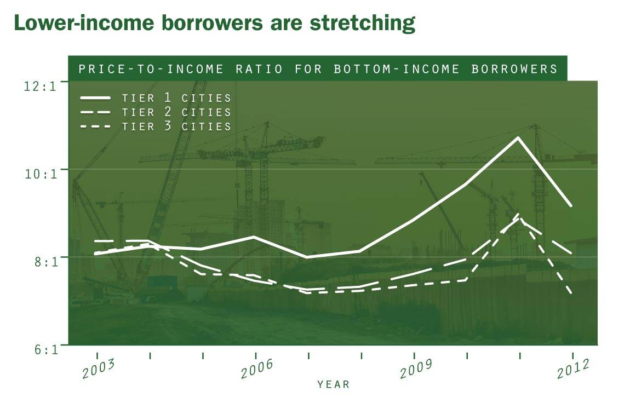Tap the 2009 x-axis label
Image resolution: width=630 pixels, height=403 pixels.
(415, 370)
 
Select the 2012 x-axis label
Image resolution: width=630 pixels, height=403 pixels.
(572, 370)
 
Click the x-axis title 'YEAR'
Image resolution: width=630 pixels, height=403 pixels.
(333, 385)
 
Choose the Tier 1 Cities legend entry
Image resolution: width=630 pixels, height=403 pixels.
(156, 98)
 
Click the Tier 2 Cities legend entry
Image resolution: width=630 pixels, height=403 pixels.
(156, 112)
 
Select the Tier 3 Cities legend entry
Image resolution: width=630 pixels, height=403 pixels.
(156, 126)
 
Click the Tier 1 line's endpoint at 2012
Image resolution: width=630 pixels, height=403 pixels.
(571, 205)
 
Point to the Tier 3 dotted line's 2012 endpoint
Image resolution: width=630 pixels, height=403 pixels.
(571, 293)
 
